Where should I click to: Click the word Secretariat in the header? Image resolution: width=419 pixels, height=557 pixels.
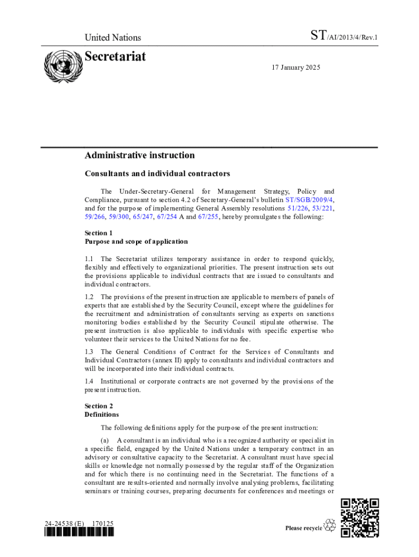coord(115,57)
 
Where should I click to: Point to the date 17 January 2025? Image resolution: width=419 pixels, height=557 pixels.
coord(296,67)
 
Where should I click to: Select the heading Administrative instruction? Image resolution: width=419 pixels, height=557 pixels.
coord(139,156)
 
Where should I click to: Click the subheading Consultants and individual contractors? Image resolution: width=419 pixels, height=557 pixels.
coord(157,174)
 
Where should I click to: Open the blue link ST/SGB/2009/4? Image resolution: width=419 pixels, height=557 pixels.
coord(309,200)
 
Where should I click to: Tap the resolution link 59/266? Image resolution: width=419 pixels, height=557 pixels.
coord(95,217)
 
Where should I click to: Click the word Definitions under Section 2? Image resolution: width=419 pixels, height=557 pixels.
coord(102,414)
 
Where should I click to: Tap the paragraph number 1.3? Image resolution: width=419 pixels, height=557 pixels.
coord(89,352)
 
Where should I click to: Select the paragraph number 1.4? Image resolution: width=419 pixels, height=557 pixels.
coord(89,381)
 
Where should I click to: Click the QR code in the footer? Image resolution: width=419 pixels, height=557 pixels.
coord(360,518)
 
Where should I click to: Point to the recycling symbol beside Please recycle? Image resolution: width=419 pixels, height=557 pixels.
coord(330,525)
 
